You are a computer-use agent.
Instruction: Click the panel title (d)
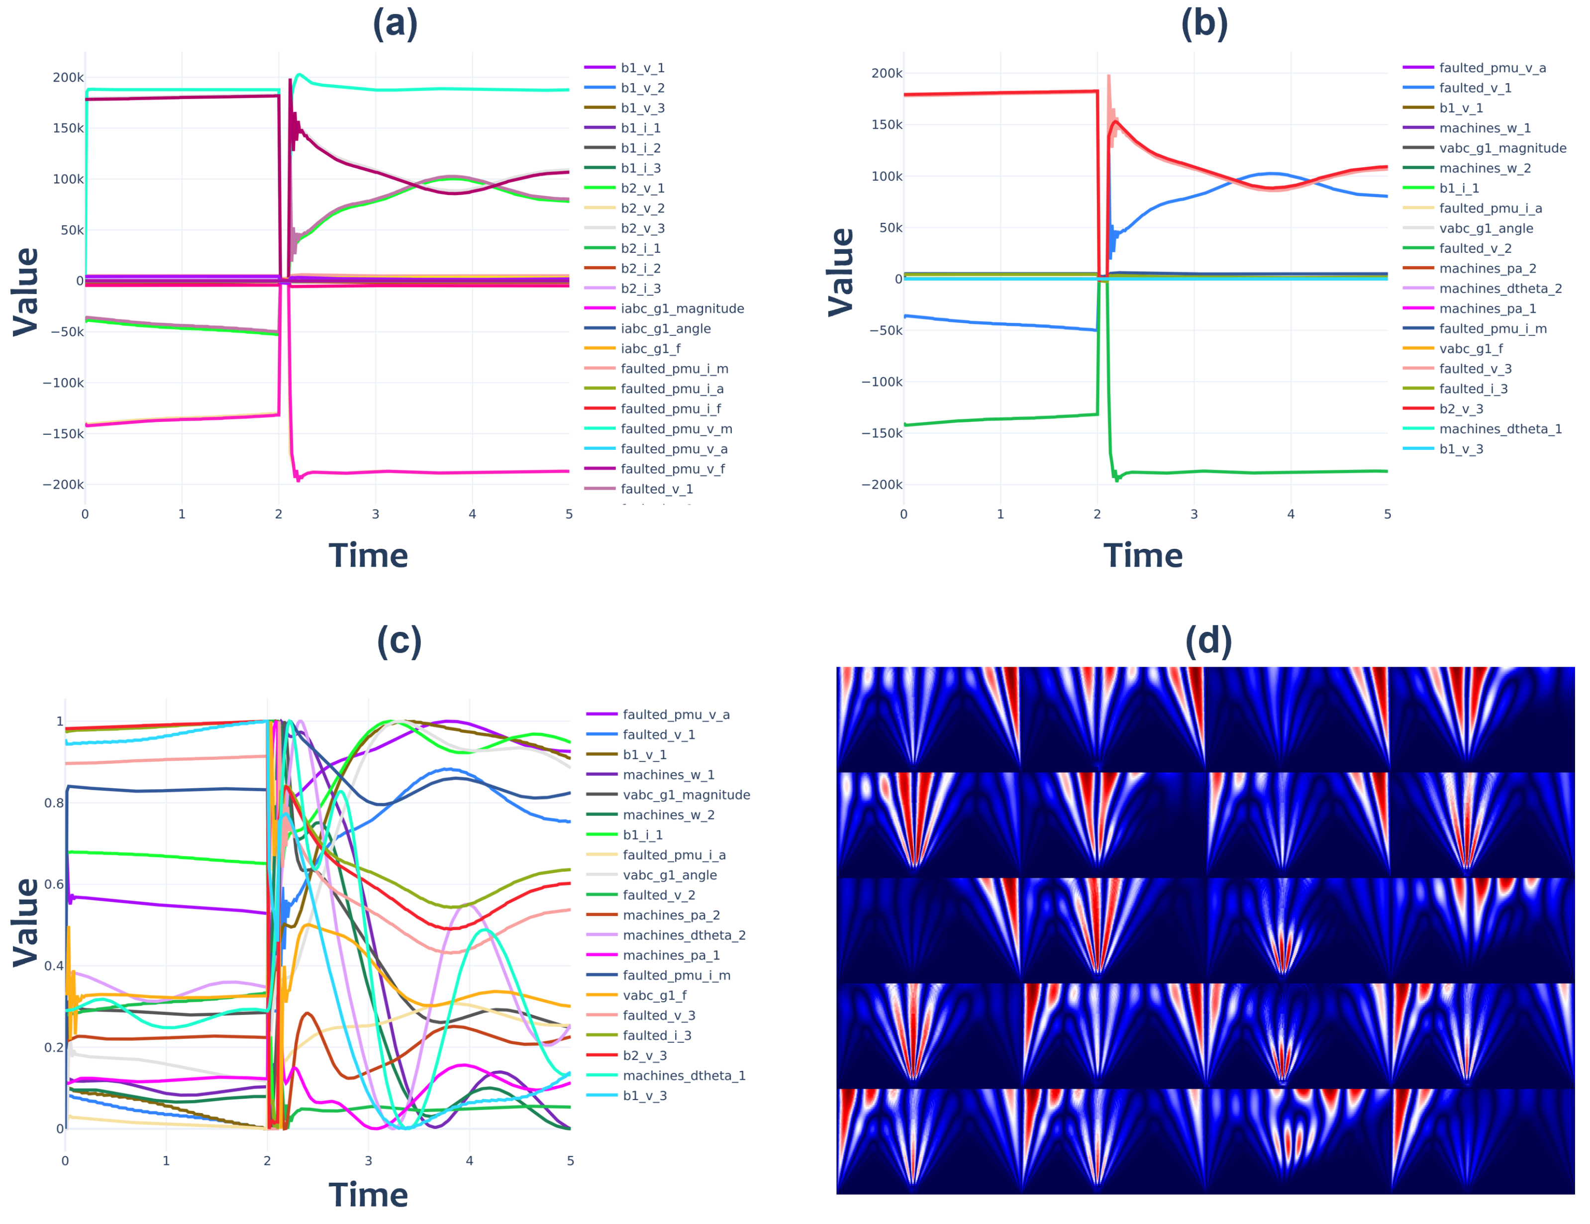1208,641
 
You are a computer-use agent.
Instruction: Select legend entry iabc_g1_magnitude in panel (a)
682,308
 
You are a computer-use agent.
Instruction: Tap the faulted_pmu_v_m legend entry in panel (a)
676,429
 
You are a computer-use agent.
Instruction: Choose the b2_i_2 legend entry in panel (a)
641,269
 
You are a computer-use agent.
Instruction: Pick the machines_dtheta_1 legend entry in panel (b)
1500,429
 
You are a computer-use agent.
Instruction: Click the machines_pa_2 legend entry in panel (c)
671,916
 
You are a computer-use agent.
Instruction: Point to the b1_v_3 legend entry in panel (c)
644,1096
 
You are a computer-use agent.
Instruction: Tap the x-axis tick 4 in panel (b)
1291,514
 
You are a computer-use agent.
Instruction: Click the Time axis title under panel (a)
368,556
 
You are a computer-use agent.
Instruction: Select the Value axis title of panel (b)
841,272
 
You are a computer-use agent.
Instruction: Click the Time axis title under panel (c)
368,1195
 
